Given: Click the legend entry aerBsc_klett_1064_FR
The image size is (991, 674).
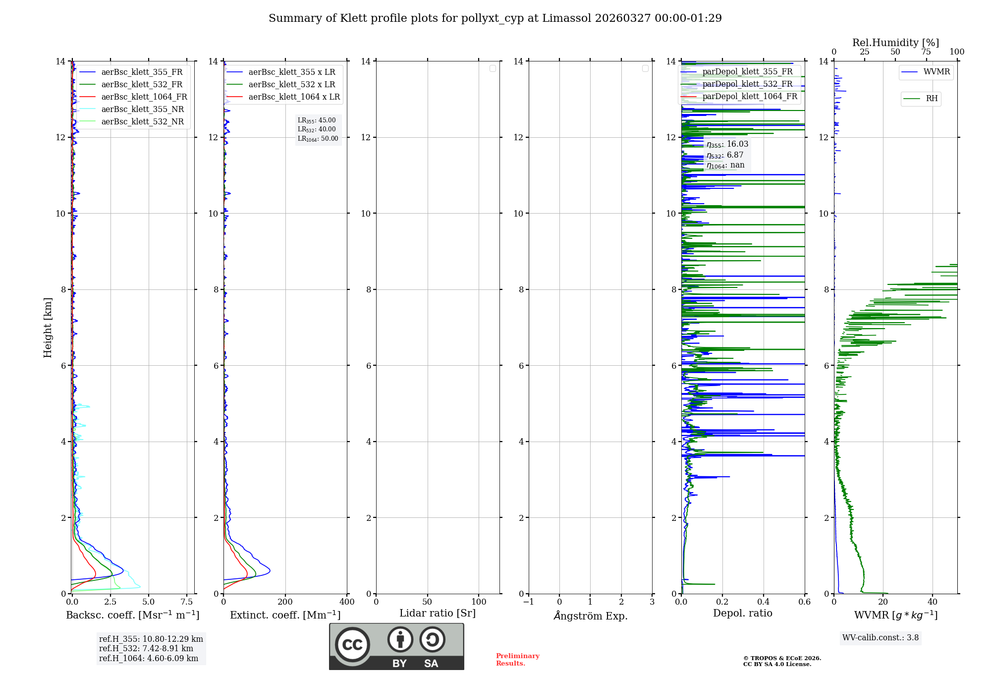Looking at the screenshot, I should click(x=144, y=97).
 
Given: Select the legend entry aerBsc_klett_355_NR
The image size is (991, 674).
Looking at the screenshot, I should click(x=142, y=110).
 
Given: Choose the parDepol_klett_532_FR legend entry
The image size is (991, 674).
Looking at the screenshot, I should click(x=747, y=84).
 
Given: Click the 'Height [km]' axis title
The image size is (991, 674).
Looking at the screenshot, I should click(x=48, y=328).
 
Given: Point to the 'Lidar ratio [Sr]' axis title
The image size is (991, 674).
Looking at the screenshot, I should click(x=438, y=614).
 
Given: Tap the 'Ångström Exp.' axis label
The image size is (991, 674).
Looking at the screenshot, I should click(x=590, y=616).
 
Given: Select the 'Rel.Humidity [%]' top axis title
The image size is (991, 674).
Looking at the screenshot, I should click(x=895, y=43).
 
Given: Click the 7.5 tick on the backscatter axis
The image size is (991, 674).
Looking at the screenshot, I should click(x=187, y=602).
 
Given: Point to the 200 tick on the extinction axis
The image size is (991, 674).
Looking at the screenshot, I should click(x=285, y=602).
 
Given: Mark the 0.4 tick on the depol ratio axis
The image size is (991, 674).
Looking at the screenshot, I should click(x=764, y=602).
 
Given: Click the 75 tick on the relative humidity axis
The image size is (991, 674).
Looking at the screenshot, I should click(x=926, y=52).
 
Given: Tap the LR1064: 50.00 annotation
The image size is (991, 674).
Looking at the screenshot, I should click(x=318, y=139).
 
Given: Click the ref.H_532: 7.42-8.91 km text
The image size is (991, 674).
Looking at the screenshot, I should click(x=146, y=649).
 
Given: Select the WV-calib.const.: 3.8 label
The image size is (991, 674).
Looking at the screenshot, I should click(x=881, y=638).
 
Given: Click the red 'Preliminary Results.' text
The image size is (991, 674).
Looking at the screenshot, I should click(x=517, y=660).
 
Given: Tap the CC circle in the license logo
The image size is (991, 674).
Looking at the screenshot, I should click(x=352, y=645).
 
